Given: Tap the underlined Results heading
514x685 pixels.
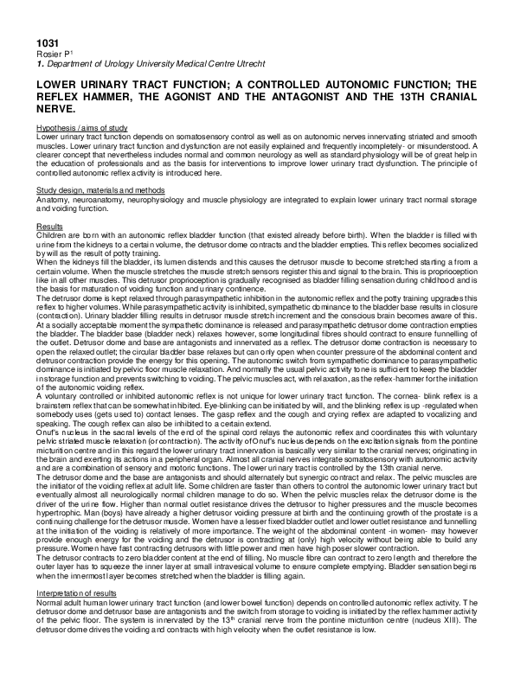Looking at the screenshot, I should click(x=50, y=226).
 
